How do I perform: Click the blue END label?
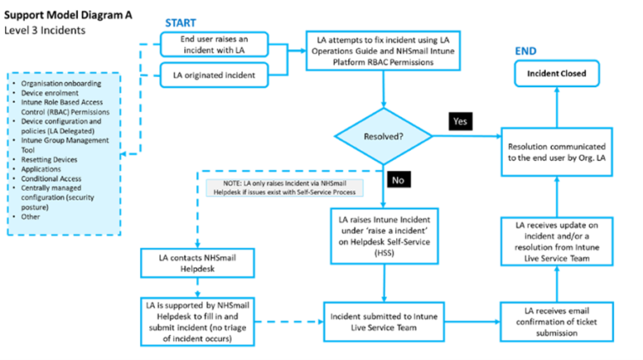(525, 53)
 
